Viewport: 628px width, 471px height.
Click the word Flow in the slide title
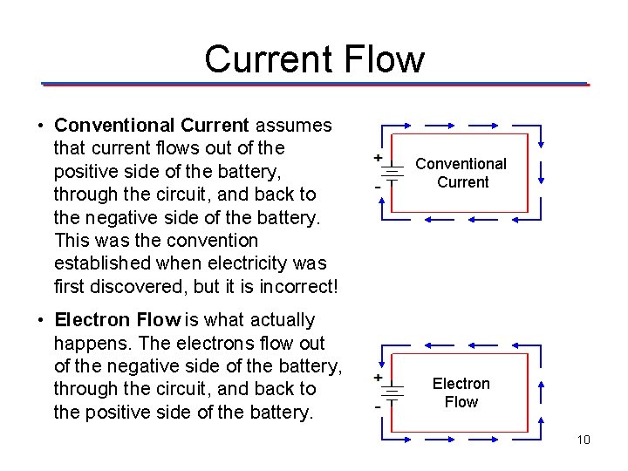click(x=385, y=59)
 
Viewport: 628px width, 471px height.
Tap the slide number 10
click(x=584, y=439)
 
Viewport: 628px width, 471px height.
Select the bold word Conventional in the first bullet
click(x=114, y=125)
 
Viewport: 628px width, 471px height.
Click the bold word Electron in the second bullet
click(x=92, y=320)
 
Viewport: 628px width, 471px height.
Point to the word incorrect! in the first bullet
click(x=295, y=285)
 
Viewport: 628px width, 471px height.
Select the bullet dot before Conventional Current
click(x=41, y=125)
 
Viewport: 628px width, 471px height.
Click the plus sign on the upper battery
click(x=378, y=158)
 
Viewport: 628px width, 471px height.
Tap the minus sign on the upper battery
click(x=377, y=186)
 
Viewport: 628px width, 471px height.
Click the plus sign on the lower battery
click(x=378, y=378)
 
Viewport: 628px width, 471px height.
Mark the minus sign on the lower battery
click(x=377, y=406)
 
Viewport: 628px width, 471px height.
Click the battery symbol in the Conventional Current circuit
click(x=392, y=173)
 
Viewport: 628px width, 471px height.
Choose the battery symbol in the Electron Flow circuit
click(x=392, y=392)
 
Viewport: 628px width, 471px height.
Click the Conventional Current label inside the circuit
click(x=461, y=173)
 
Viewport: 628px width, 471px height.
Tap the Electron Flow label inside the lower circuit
click(x=461, y=392)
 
